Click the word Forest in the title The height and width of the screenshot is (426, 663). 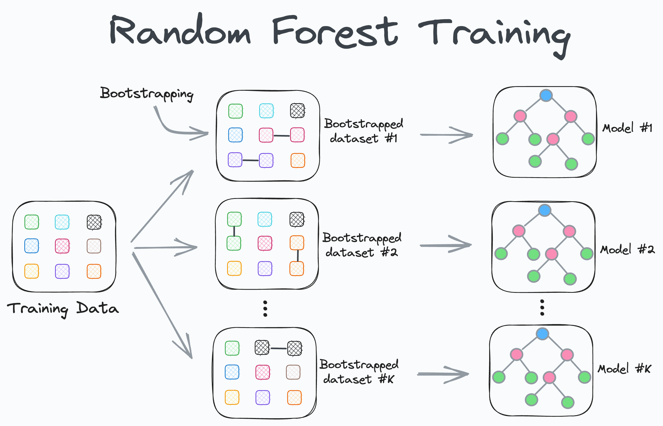(335, 32)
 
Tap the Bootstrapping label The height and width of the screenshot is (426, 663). (147, 93)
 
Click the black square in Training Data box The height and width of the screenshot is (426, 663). (94, 222)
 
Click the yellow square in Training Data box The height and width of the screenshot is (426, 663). (32, 271)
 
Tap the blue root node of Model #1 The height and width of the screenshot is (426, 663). (546, 95)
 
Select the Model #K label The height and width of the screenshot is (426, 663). (624, 369)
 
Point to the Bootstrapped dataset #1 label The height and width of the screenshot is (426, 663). (363, 131)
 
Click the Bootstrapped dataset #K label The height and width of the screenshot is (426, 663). (359, 371)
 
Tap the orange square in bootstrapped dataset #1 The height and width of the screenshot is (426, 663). (298, 160)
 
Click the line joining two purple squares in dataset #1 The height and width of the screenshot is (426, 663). (251, 160)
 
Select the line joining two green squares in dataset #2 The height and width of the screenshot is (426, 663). (234, 231)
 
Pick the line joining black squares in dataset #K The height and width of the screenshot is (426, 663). (278, 348)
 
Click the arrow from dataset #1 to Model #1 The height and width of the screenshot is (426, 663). (446, 135)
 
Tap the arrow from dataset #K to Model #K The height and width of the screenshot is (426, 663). (443, 374)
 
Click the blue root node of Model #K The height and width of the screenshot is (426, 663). (542, 334)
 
